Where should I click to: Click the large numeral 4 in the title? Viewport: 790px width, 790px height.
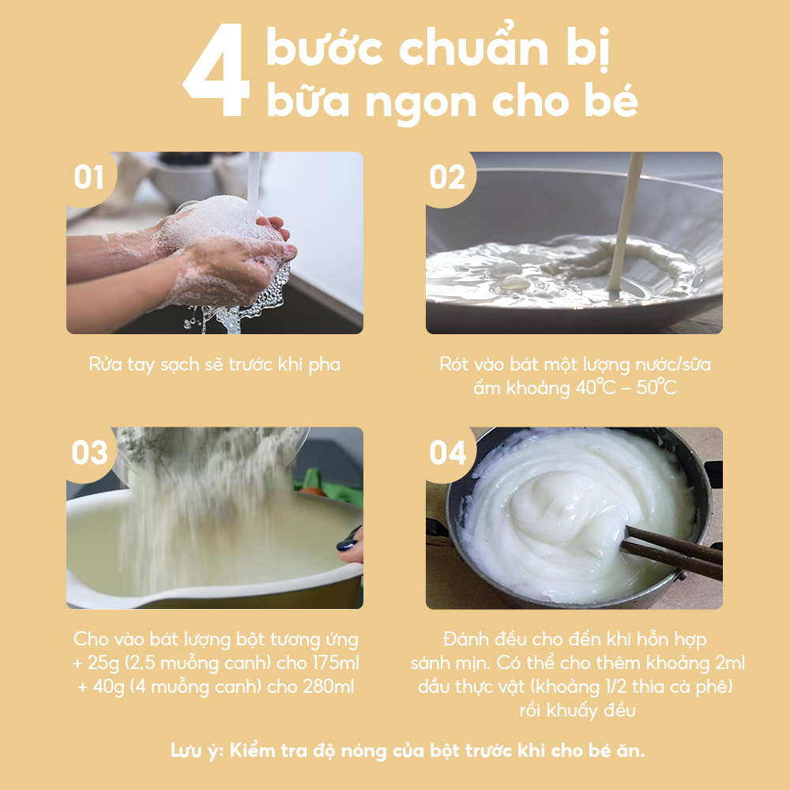point(216,70)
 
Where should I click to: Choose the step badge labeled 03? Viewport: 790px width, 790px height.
point(90,453)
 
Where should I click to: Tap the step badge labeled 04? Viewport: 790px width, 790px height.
point(447,453)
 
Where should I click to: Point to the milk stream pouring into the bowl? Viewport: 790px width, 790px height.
point(626,222)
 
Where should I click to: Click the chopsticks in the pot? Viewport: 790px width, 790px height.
point(672,551)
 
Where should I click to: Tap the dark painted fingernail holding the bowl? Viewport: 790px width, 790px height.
point(348,544)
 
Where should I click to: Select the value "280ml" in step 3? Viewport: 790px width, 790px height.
point(329,687)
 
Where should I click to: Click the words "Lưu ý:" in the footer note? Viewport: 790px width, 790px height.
point(197,751)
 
